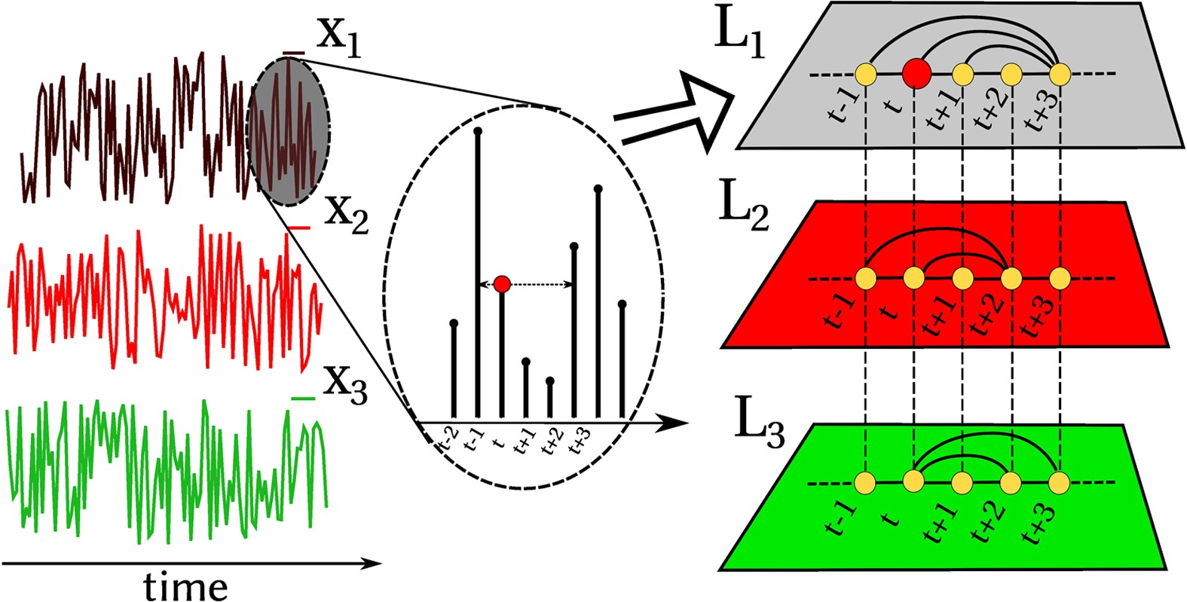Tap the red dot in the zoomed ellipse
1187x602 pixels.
click(502, 284)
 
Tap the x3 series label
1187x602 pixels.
click(344, 384)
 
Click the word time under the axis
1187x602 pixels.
click(185, 585)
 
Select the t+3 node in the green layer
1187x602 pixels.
click(1059, 481)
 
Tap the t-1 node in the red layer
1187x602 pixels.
click(866, 278)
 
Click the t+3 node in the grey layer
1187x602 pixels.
click(1060, 74)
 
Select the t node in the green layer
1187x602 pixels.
click(914, 481)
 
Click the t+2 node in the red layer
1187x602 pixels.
click(1011, 278)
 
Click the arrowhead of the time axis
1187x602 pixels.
click(372, 563)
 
